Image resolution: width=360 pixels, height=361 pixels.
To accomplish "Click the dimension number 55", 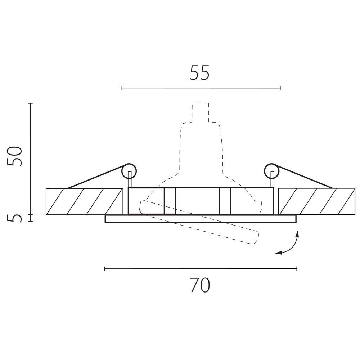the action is (x=199, y=73).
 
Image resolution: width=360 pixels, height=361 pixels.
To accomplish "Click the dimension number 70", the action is (x=200, y=285).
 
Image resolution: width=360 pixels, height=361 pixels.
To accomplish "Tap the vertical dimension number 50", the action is (x=15, y=156).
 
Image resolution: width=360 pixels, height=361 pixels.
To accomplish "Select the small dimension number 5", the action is (x=14, y=218).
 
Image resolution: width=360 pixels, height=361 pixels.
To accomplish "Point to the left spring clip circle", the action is (x=129, y=171).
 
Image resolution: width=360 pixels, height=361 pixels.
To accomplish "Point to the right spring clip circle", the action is (x=272, y=171).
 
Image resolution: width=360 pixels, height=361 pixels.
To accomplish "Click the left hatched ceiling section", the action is (x=84, y=201).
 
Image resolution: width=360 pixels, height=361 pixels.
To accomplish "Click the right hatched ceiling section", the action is (x=316, y=201).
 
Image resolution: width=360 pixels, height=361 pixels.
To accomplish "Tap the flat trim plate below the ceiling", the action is (x=201, y=219).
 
